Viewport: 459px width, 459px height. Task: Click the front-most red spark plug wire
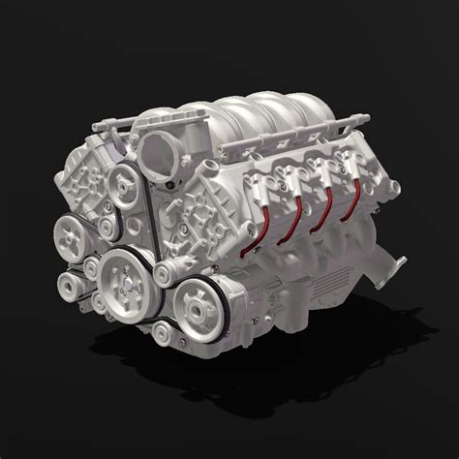(255, 208)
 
